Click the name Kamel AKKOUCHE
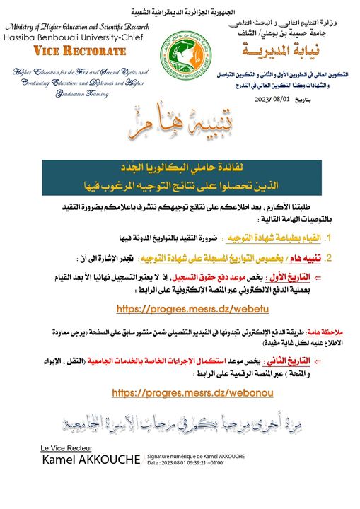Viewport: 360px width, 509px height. [x=91, y=460]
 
